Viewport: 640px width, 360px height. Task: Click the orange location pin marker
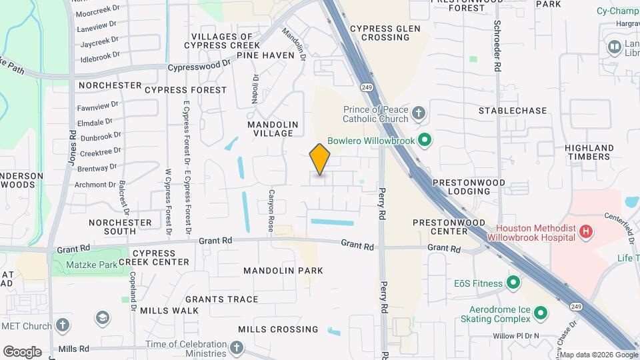(x=320, y=159)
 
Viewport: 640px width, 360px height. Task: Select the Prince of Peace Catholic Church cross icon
(x=419, y=113)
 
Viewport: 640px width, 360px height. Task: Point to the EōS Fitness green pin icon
(x=513, y=283)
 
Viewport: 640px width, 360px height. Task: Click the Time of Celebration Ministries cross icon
(x=237, y=347)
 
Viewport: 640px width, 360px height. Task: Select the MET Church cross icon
(x=63, y=326)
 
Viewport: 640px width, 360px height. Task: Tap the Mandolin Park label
(x=283, y=271)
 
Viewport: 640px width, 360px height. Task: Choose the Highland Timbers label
(x=589, y=152)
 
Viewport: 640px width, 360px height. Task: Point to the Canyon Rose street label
(x=271, y=217)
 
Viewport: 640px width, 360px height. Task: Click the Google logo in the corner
(x=22, y=351)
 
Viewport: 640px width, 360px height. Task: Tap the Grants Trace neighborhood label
(x=221, y=299)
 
